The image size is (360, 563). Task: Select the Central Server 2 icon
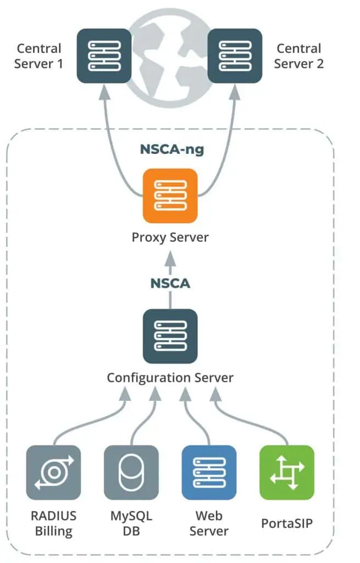[x=235, y=56]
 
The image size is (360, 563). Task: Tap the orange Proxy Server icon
[x=170, y=196]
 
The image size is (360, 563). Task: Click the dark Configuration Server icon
[x=170, y=336]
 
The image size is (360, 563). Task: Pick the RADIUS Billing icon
[x=54, y=472]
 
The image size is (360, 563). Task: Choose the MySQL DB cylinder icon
[x=131, y=472]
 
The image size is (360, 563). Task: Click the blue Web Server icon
[x=209, y=472]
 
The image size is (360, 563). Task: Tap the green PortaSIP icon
[x=286, y=472]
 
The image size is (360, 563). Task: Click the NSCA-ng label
[x=171, y=150]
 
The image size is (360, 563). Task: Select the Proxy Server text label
[x=170, y=238]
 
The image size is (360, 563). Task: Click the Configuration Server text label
[x=170, y=378]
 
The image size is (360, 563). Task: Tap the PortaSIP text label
[x=287, y=523]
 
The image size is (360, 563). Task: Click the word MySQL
[x=131, y=516]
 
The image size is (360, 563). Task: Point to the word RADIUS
[x=53, y=516]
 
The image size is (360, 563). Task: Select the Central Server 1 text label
[x=38, y=56]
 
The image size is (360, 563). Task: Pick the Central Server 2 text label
[x=299, y=56]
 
